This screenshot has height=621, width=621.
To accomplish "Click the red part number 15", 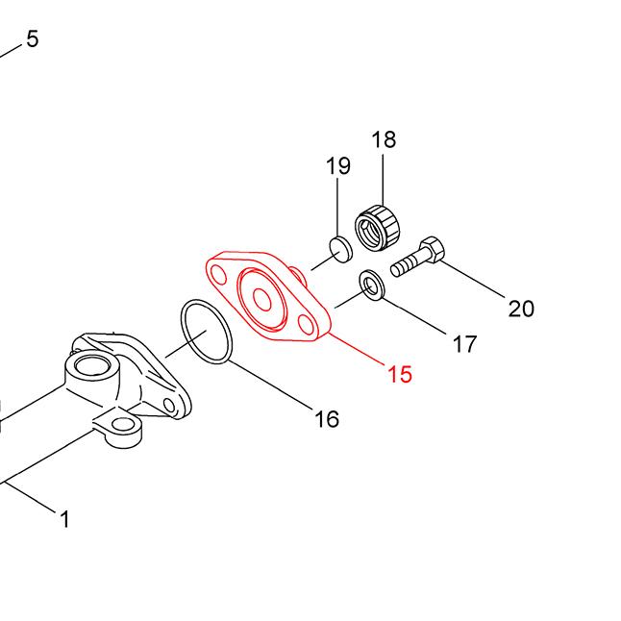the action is coord(400,374).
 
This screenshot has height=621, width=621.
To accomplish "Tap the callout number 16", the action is coord(327,418).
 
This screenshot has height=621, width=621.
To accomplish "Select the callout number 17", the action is coord(465,344).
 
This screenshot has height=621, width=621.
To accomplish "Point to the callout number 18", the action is coord(384,139).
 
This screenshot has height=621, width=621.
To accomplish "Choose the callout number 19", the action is coord(338,165).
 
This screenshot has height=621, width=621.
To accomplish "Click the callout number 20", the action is coord(521,309).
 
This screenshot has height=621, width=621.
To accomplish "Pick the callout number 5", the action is coord(33,38).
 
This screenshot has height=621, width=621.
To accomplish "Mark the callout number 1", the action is coord(65,518).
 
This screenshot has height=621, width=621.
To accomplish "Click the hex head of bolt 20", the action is coord(432,249).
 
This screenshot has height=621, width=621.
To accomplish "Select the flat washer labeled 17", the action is coord(371,286).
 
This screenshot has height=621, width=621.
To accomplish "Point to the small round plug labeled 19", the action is coord(340,250).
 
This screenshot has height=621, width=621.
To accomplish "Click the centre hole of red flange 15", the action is coord(262,299).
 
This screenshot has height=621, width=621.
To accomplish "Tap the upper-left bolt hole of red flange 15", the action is coord(218,275).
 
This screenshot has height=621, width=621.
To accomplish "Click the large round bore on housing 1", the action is coord(91,366).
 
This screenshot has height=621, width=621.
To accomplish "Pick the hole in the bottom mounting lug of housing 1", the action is coord(122,425).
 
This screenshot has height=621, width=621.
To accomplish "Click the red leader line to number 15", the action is coord(357,349).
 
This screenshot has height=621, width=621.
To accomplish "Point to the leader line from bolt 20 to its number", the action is coord(472,279).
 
